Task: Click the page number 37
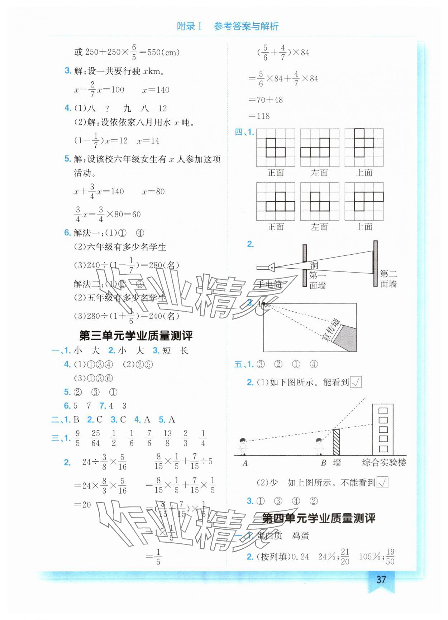pos(381,580)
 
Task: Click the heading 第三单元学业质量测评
pos(136,336)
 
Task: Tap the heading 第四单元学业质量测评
pos(319,518)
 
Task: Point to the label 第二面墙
pos(389,279)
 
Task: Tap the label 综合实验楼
pos(384,462)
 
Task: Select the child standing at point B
pos(319,446)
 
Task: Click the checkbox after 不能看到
pos(383,482)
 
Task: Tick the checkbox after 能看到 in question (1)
pos(356,383)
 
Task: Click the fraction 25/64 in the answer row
pos(95,438)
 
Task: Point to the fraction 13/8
pos(167,438)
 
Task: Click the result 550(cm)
pos(163,52)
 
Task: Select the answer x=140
pos(156,90)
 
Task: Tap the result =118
pos(259,116)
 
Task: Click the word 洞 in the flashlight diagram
pos(314,265)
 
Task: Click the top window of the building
pos(383,410)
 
